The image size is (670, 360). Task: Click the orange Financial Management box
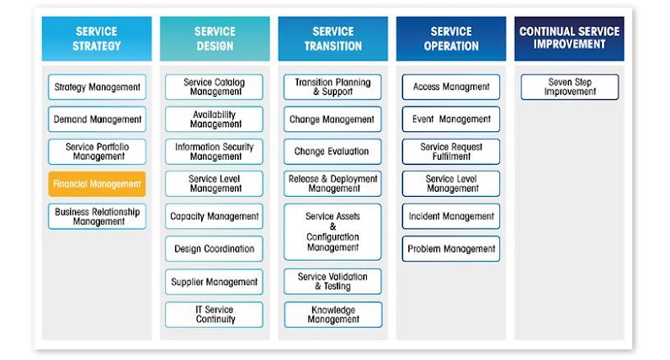click(97, 184)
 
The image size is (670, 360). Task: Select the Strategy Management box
click(97, 87)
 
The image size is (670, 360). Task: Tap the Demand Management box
click(97, 119)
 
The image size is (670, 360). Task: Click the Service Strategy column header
click(97, 39)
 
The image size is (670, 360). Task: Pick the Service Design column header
click(215, 39)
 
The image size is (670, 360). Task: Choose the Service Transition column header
click(332, 39)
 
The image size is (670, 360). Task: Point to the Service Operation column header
click(451, 39)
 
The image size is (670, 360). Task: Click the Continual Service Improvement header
click(569, 39)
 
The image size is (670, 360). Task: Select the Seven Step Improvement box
click(569, 87)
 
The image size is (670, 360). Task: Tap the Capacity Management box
click(215, 216)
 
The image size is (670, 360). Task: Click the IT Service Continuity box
click(215, 315)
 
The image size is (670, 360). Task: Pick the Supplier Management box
click(215, 282)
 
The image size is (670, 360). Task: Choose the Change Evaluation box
click(332, 151)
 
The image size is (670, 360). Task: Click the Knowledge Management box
click(332, 315)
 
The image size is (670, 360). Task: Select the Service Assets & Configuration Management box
click(332, 231)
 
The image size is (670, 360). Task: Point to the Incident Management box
click(451, 216)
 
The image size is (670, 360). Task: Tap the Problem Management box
click(451, 249)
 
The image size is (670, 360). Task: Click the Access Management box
click(451, 87)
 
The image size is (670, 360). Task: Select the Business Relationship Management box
click(97, 216)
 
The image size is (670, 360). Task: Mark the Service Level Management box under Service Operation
click(451, 183)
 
